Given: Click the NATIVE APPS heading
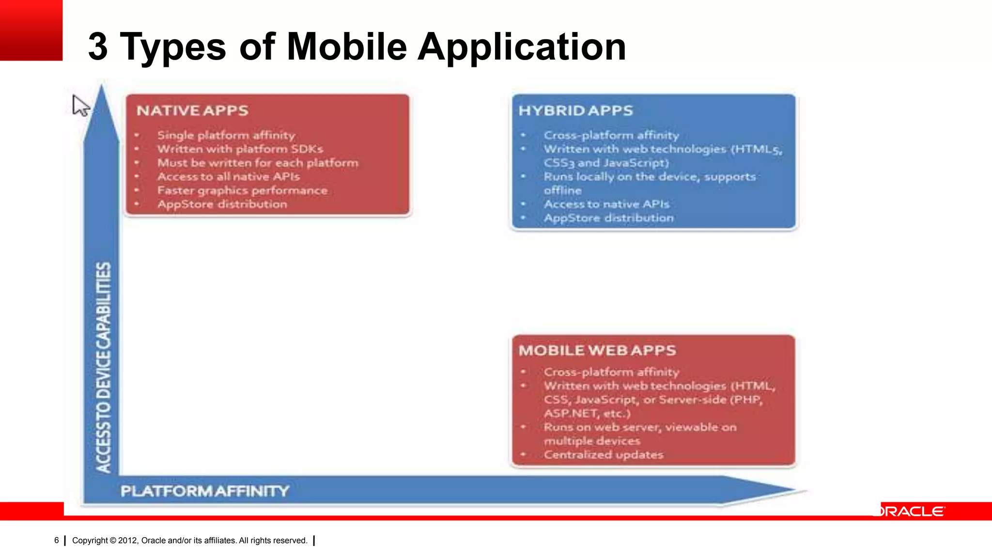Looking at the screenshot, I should click(192, 110).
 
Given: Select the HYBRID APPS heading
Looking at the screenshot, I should click(575, 110).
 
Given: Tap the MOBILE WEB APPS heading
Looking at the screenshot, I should click(597, 350).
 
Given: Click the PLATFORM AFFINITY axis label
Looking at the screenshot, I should click(204, 491).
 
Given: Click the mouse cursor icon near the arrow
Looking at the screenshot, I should click(80, 105).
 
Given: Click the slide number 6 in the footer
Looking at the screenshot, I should click(57, 540).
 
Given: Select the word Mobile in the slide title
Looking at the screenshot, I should click(347, 46).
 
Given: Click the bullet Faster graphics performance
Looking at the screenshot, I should click(242, 190).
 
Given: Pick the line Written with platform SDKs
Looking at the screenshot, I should click(240, 149).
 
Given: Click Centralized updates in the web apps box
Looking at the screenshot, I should click(603, 455).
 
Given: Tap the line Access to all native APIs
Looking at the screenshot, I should click(228, 177).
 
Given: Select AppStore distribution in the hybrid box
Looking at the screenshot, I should click(608, 218).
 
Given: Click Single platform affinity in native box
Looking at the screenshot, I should click(226, 135).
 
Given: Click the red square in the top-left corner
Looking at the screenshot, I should click(31, 30).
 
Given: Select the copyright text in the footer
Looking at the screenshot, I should click(189, 540).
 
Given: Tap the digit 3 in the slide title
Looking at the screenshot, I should click(98, 46).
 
